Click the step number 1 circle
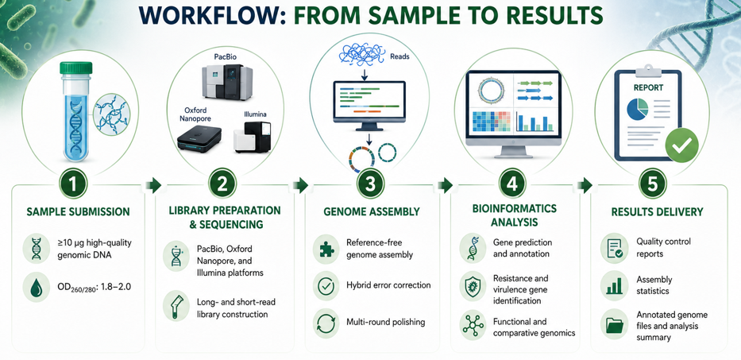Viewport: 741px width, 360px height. point(73,185)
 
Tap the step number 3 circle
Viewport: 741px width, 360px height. point(371,185)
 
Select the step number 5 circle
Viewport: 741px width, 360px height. point(653,185)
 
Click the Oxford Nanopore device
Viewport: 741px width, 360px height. point(199,140)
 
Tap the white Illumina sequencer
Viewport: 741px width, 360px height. point(252,136)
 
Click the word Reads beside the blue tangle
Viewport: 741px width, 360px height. point(399,56)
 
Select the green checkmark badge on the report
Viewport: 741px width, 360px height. point(681,146)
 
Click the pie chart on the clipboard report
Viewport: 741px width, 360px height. point(638,110)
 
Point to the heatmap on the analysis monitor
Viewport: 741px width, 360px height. point(492,121)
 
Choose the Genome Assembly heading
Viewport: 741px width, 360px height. point(372,211)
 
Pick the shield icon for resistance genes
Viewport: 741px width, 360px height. point(473,288)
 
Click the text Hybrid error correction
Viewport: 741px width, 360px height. point(388,285)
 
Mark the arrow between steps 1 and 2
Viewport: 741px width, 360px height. point(155,185)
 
